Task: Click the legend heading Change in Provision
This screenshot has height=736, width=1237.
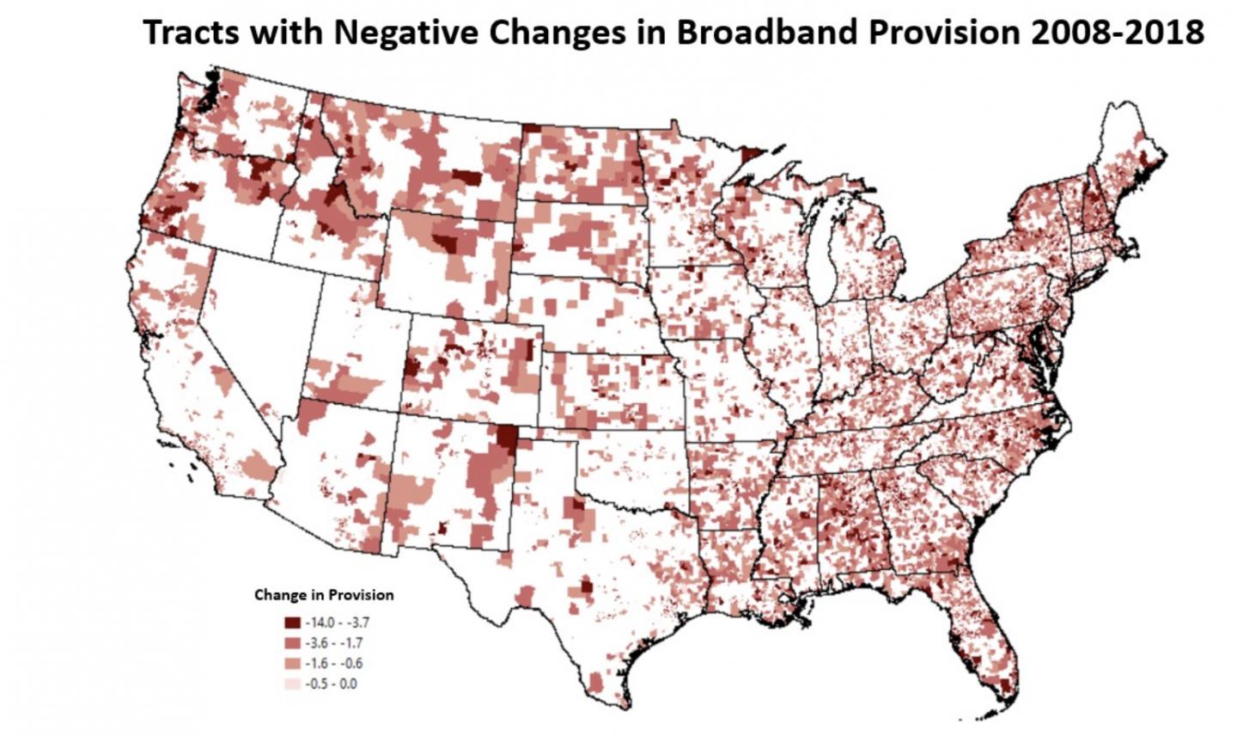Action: pyautogui.click(x=324, y=594)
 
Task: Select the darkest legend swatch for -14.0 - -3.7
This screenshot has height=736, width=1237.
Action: pyautogui.click(x=293, y=623)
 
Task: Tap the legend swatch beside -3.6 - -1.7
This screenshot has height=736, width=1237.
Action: pyautogui.click(x=293, y=643)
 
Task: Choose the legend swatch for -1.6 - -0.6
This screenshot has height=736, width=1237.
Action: pyautogui.click(x=293, y=664)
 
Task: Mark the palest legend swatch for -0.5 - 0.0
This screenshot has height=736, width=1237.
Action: pyautogui.click(x=293, y=684)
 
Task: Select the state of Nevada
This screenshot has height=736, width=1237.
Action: pyautogui.click(x=258, y=327)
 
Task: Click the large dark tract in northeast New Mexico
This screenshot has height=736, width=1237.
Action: pyautogui.click(x=507, y=440)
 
